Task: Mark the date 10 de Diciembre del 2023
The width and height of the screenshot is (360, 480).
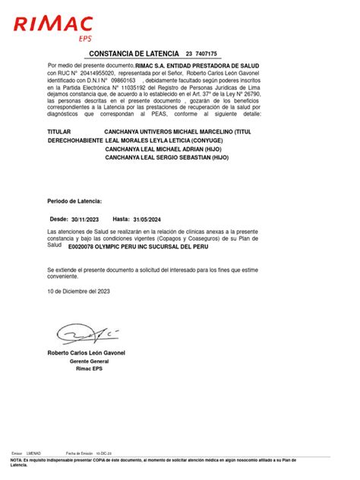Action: pos(78,291)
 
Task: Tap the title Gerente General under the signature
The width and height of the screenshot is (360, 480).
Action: pos(88,362)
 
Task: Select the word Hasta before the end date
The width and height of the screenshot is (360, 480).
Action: pos(122,217)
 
